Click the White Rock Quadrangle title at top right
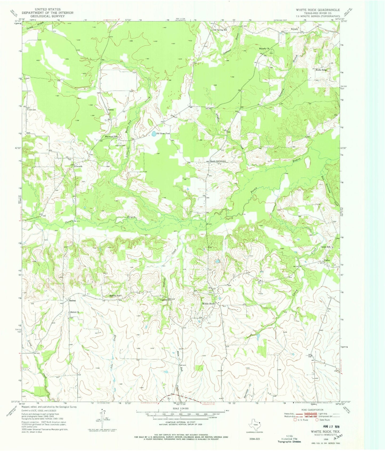click(318, 10)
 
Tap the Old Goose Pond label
click(163, 134)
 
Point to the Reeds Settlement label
click(218, 161)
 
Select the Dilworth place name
click(78, 166)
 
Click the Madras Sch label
click(116, 296)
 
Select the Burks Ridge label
click(322, 70)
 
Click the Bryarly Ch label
click(264, 49)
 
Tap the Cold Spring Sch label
click(220, 30)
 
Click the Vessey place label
click(111, 110)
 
